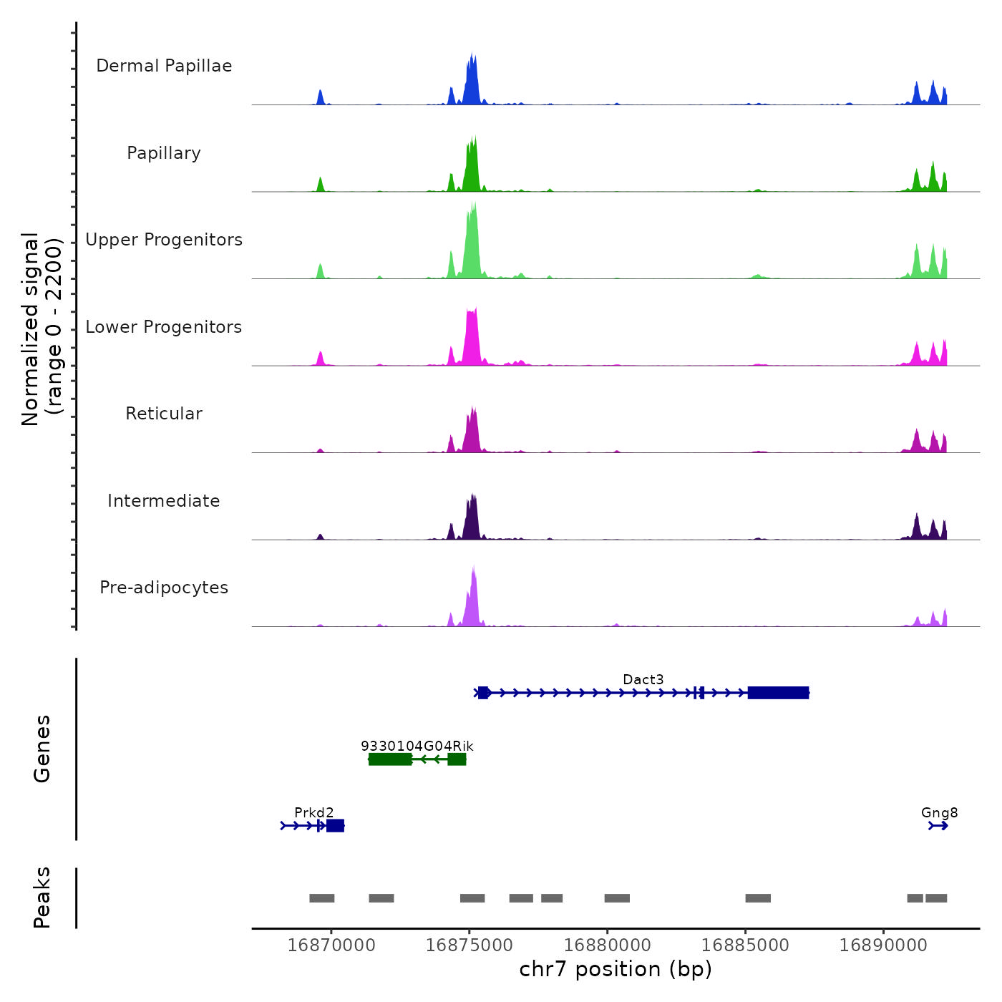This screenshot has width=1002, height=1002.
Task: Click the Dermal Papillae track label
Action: (x=164, y=66)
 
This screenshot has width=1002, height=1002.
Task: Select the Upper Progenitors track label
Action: (x=164, y=240)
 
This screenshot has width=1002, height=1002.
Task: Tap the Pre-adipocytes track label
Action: (x=164, y=588)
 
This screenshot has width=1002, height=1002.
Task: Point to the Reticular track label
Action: (x=164, y=414)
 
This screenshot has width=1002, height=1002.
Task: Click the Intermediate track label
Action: (x=164, y=501)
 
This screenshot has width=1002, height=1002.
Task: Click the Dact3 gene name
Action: (x=643, y=679)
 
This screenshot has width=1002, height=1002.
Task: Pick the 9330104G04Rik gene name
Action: (x=417, y=746)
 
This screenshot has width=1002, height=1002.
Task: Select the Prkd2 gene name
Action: (x=313, y=812)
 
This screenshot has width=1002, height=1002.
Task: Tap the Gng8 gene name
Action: (x=939, y=812)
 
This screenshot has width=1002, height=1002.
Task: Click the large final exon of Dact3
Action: (x=778, y=693)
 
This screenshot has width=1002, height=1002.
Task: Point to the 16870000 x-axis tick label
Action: (x=331, y=945)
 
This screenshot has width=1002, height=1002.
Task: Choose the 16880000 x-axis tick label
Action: (x=607, y=945)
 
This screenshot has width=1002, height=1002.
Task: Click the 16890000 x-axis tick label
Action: (x=883, y=945)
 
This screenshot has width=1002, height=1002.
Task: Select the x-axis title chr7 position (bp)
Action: (x=616, y=969)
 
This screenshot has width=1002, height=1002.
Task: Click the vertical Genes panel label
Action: (x=42, y=749)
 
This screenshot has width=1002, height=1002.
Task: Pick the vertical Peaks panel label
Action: (x=42, y=898)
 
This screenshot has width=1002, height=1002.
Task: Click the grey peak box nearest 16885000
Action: (x=758, y=898)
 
